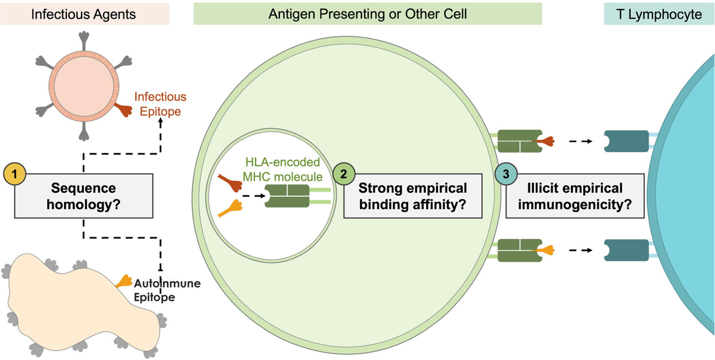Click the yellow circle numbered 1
pos(15,174)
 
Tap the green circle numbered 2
pos(344,174)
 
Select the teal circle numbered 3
pos(506,174)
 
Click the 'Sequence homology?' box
pos(84,196)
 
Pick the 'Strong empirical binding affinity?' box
pos(413,196)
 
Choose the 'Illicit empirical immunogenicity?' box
pos(575,196)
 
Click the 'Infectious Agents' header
pos(84,14)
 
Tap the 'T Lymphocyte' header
pos(659,14)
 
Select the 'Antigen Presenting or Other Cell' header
pos(367,14)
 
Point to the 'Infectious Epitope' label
pos(160,104)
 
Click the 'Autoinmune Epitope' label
pos(167,290)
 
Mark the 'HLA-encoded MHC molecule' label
pos(283,169)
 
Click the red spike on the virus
pos(123,110)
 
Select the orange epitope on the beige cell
pos(124,282)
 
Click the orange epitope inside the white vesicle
pos(231,208)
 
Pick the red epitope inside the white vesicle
pos(230,182)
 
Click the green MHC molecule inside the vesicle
pos(287,196)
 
